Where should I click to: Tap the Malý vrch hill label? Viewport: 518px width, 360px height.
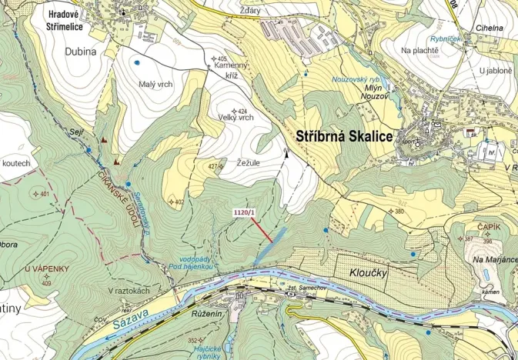coord(155,85)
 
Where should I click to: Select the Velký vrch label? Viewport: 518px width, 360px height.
coord(236,118)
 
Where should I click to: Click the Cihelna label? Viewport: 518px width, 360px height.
coord(490,28)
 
